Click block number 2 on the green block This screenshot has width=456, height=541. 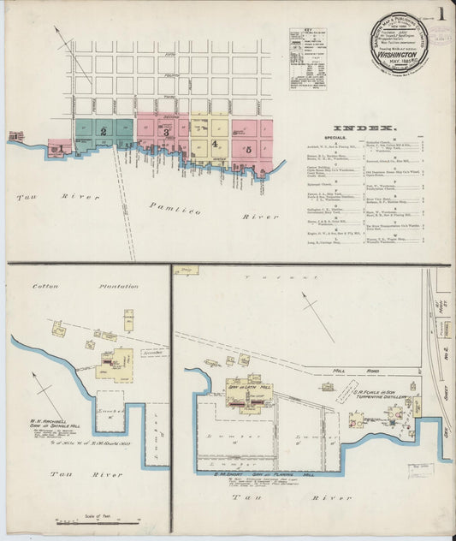104,131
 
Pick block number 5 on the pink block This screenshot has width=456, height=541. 248,150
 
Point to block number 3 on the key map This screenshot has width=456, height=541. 166,133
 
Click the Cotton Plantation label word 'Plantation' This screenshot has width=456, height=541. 119,286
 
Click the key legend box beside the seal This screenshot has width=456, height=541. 307,59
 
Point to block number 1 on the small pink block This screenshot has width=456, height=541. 59,148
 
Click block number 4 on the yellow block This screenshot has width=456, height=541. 214,144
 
